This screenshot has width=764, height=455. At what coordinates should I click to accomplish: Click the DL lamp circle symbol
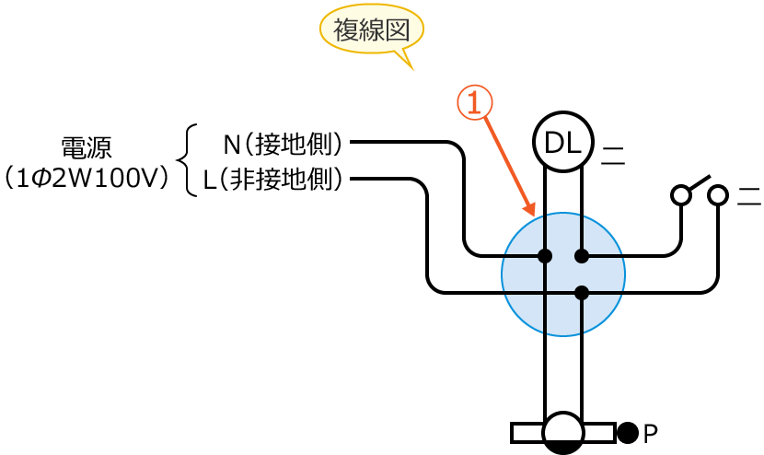point(562,143)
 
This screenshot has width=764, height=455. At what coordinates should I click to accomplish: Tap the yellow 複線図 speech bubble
point(372,30)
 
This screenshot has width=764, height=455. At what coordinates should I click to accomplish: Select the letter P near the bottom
point(650,432)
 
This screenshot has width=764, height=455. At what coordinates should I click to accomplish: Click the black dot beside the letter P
point(628,431)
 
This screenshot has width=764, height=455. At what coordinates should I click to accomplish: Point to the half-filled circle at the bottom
point(562,432)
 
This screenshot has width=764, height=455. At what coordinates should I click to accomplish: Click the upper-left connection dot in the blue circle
point(545,255)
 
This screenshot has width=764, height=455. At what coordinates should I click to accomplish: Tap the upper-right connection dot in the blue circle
point(581,255)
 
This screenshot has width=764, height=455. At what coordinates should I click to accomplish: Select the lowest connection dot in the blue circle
point(581,293)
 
